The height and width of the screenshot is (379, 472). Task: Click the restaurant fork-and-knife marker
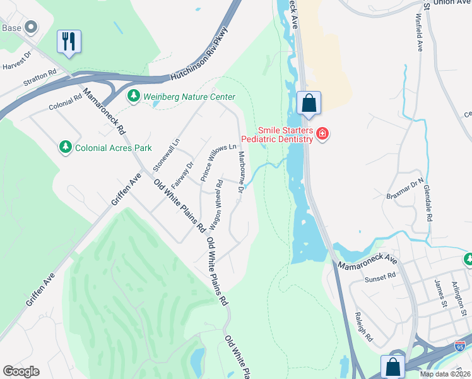pyautogui.click(x=68, y=42)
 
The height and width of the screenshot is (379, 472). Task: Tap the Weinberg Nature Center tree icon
pyautogui.click(x=133, y=97)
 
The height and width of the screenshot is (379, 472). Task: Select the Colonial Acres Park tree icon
pyautogui.click(x=65, y=147)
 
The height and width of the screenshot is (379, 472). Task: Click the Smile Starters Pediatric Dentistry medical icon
pyautogui.click(x=322, y=134)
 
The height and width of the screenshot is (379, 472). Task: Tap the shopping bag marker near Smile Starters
pyautogui.click(x=309, y=103)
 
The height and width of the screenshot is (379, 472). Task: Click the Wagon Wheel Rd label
pyautogui.click(x=216, y=204)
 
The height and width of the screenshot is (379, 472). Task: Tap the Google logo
pyautogui.click(x=21, y=371)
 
